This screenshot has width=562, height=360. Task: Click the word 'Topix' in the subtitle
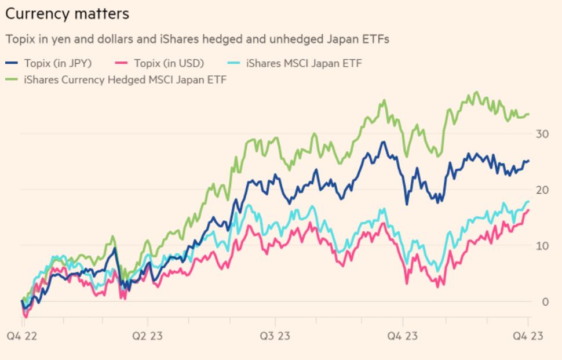(x=18, y=40)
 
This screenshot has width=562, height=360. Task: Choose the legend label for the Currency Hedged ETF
(x=125, y=79)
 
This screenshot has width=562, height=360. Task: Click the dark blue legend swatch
(x=12, y=63)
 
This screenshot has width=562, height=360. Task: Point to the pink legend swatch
(x=122, y=63)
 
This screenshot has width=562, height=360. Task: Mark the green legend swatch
(x=12, y=79)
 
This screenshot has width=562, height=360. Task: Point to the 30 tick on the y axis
(x=542, y=134)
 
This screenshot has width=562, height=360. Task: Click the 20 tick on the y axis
(x=542, y=190)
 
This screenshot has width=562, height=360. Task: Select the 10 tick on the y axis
(x=542, y=246)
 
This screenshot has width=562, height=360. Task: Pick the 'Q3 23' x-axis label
(x=275, y=336)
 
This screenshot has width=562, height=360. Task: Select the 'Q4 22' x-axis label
(x=21, y=336)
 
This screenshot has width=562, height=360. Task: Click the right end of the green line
(x=528, y=114)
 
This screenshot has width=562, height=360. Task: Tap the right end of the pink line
(x=528, y=210)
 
